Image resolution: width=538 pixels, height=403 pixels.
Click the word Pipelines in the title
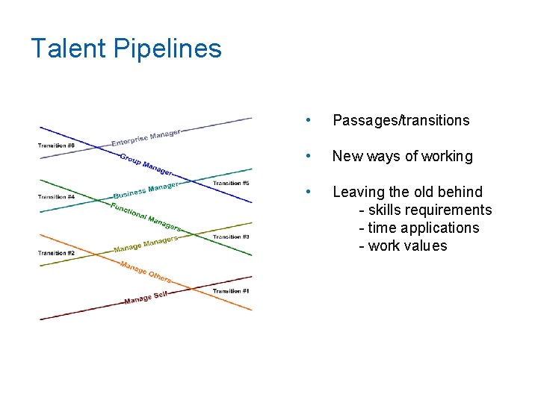tap(167, 49)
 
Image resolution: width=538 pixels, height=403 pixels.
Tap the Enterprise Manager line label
tap(146, 138)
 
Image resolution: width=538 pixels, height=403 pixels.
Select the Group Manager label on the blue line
tap(146, 164)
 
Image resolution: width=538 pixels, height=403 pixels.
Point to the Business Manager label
tap(146, 191)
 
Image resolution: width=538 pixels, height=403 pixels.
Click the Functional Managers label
tap(146, 216)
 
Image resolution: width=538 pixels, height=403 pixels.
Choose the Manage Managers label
tap(146, 244)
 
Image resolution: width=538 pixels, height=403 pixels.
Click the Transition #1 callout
tap(230, 290)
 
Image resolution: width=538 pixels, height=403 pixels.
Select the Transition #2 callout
tap(56, 253)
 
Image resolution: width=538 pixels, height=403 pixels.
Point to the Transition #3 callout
tap(230, 237)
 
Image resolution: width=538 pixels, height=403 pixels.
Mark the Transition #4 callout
tap(56, 197)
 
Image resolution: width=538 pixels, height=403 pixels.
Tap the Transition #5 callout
tap(230, 183)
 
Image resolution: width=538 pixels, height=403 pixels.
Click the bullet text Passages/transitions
tap(401, 120)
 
